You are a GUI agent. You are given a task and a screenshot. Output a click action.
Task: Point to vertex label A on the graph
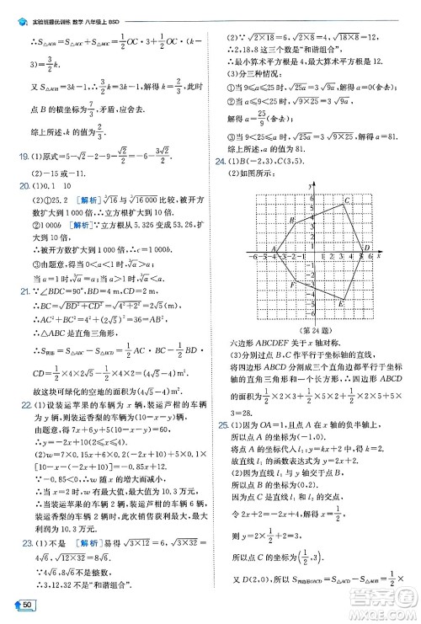pyautogui.click(x=273, y=248)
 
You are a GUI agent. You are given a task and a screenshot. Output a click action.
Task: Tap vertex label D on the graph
pyautogui.click(x=366, y=248)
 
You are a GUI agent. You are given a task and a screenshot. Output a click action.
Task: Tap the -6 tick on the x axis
pyautogui.click(x=255, y=258)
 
